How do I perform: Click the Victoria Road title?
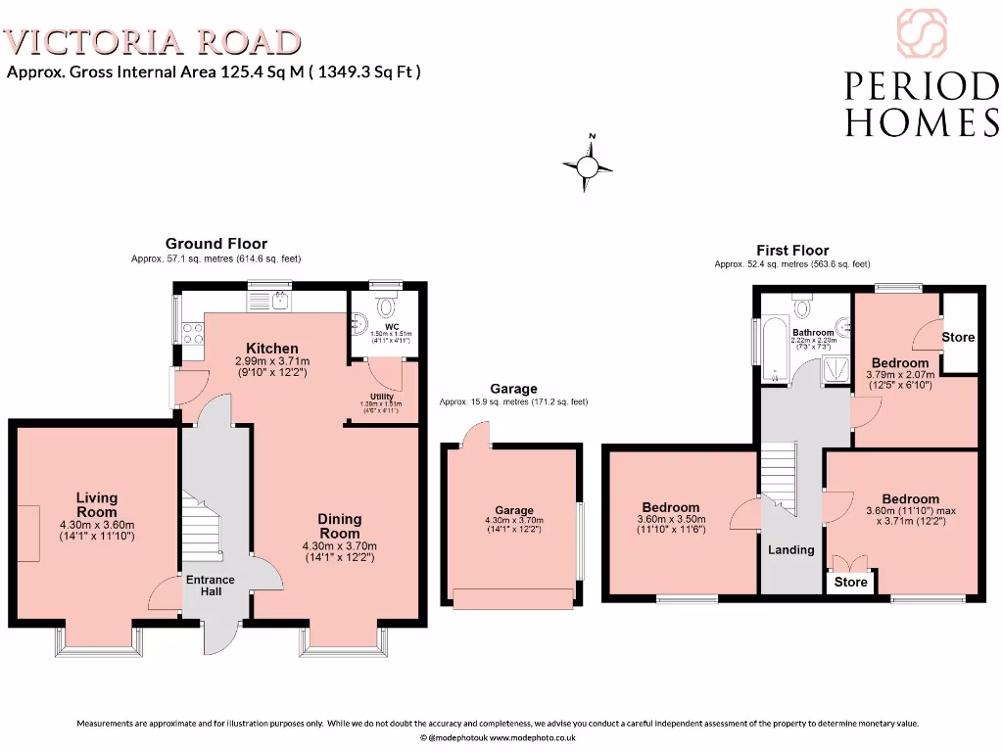(153, 42)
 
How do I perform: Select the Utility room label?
(382, 396)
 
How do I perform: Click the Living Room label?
(96, 505)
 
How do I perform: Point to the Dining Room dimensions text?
(339, 552)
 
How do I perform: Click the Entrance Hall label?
(211, 586)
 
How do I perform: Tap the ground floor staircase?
(204, 530)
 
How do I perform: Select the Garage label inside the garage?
(513, 510)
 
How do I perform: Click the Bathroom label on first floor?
(812, 333)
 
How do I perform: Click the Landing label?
(790, 549)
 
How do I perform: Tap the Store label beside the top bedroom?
(958, 337)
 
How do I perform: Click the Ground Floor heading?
(215, 244)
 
